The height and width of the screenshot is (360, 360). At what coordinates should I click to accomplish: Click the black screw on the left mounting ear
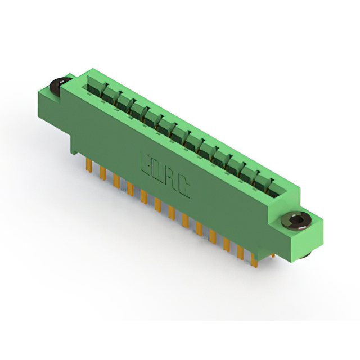59,85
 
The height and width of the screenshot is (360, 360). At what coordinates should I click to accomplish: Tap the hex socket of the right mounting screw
296,220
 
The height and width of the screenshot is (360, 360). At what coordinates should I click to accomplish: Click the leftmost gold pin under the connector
89,165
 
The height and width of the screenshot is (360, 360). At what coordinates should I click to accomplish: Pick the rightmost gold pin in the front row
254,260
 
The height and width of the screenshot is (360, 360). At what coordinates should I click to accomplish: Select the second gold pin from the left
103,173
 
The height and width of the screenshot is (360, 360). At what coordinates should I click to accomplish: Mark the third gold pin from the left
116,181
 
